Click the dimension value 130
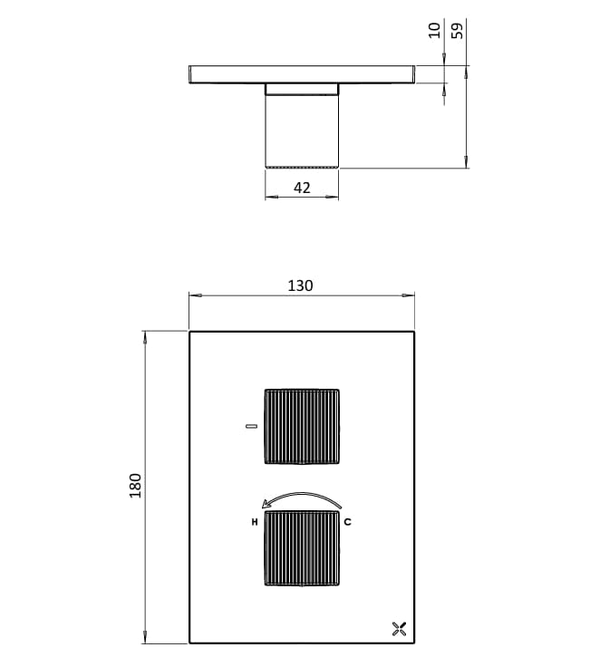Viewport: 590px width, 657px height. pyautogui.click(x=300, y=285)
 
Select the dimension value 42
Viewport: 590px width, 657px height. pyautogui.click(x=302, y=188)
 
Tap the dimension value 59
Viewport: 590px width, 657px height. pyautogui.click(x=459, y=30)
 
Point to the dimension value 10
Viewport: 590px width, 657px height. pyautogui.click(x=435, y=30)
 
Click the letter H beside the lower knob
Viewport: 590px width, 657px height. pyautogui.click(x=255, y=523)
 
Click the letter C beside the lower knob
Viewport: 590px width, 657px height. pyautogui.click(x=347, y=523)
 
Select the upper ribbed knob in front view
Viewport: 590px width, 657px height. pyautogui.click(x=301, y=426)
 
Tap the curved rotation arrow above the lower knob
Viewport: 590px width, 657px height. pyautogui.click(x=301, y=498)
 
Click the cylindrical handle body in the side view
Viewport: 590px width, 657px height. pyautogui.click(x=302, y=127)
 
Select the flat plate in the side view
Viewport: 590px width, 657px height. pyautogui.click(x=302, y=73)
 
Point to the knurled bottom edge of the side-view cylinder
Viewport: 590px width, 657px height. pyautogui.click(x=302, y=167)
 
